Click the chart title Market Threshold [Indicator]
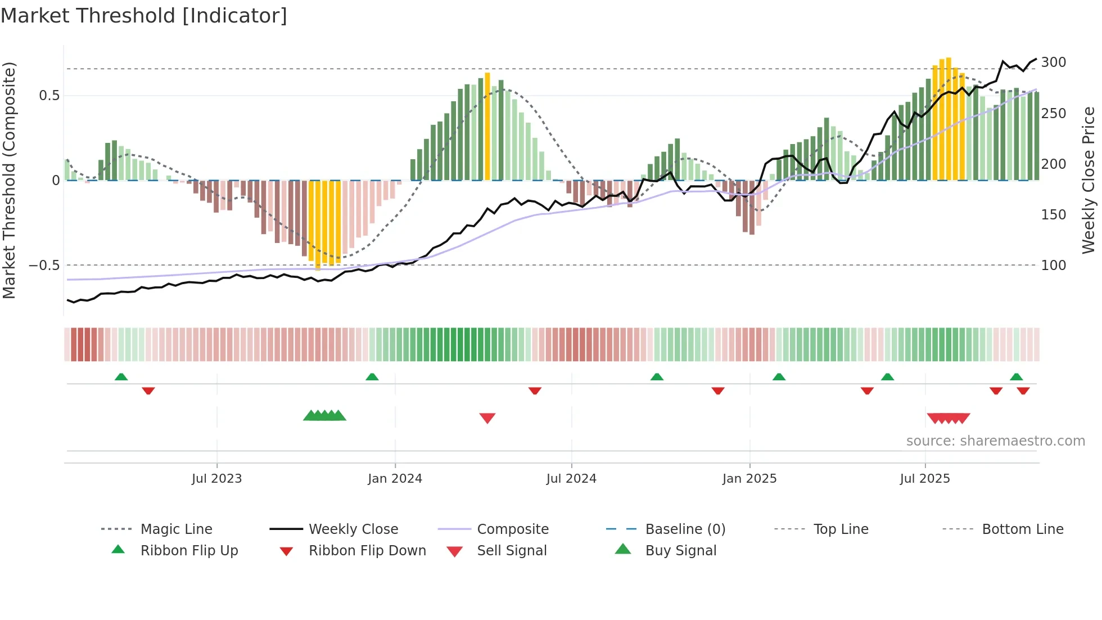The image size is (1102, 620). pos(144,16)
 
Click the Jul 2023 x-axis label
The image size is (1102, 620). pos(216,479)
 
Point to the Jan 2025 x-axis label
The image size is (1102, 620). pos(749,479)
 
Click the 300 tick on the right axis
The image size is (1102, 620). pos(1053,62)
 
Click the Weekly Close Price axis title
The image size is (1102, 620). pos(1089,180)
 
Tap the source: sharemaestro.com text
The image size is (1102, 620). pos(995,441)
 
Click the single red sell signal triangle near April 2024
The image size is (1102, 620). pos(487,418)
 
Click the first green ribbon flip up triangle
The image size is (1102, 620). pos(121,376)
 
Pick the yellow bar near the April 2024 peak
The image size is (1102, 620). pos(487,127)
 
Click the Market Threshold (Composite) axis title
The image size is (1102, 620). pos(9,180)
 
